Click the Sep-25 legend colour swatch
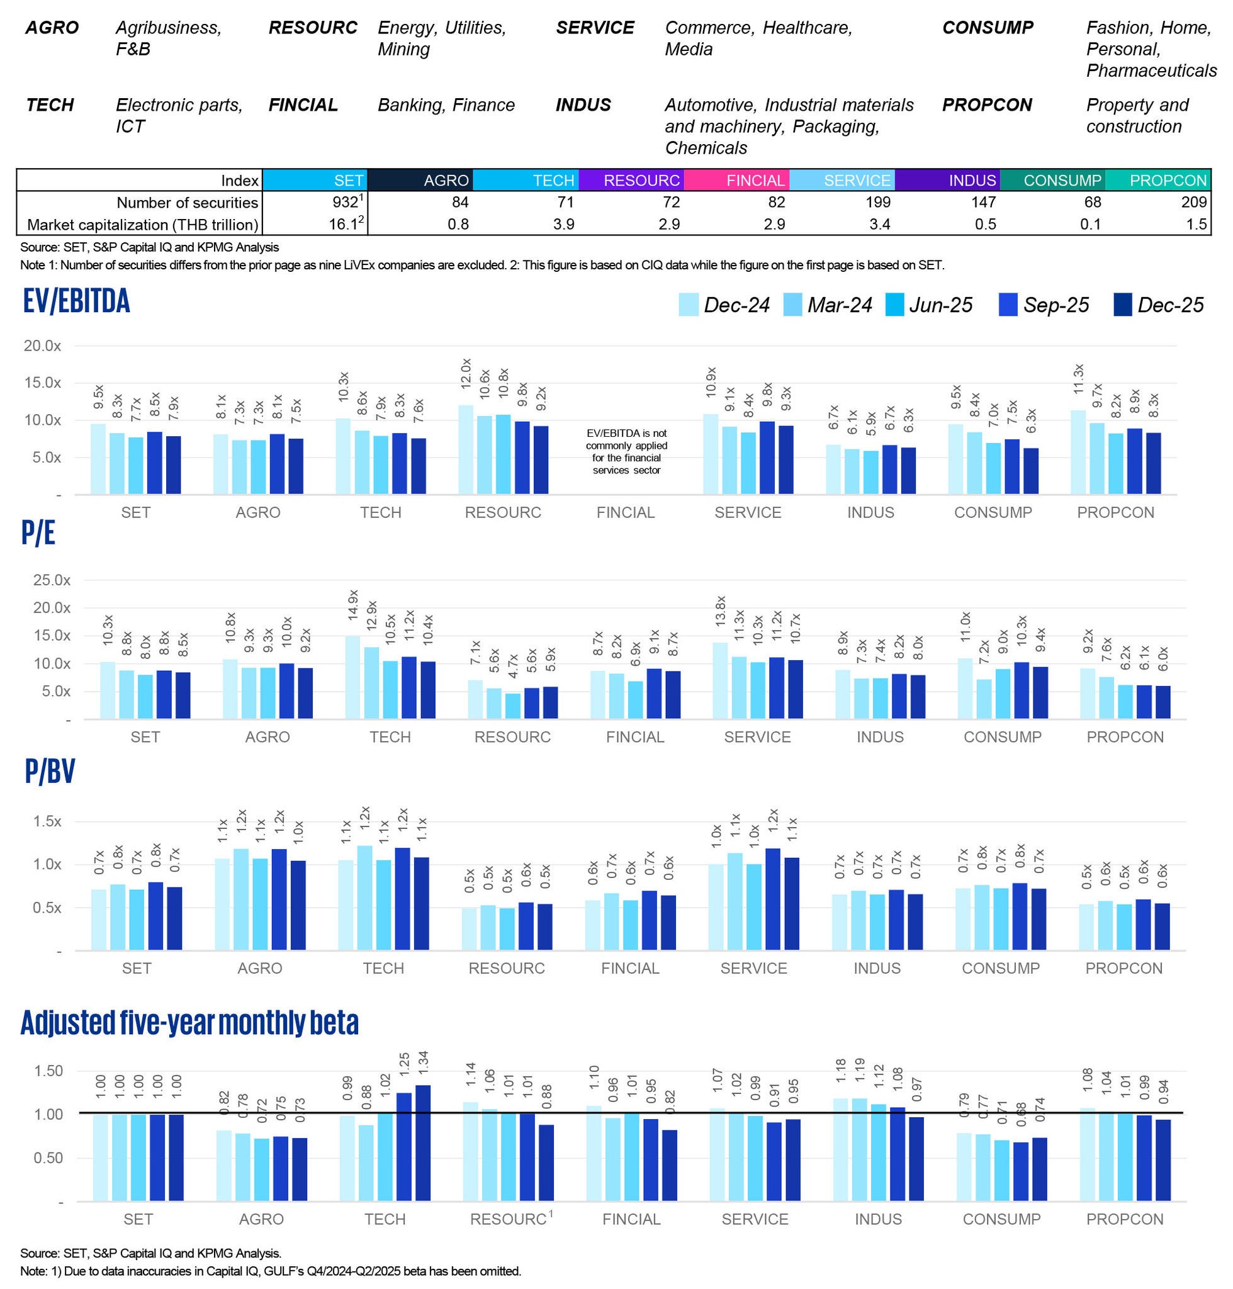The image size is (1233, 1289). pyautogui.click(x=1008, y=305)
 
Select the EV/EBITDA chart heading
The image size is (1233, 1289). pyautogui.click(x=76, y=301)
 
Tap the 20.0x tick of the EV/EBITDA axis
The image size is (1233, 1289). pyautogui.click(x=42, y=346)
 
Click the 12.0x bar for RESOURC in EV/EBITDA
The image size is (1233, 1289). pyautogui.click(x=465, y=449)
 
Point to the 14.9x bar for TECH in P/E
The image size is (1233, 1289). pyautogui.click(x=352, y=678)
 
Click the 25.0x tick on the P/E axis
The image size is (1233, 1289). pyautogui.click(x=51, y=580)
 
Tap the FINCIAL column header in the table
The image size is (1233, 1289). pyautogui.click(x=736, y=180)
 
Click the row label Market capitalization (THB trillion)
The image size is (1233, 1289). pyautogui.click(x=142, y=225)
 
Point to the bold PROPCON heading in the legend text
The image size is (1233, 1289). pyautogui.click(x=986, y=105)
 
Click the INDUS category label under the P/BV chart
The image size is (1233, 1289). pyautogui.click(x=877, y=968)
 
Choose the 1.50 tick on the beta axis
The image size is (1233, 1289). pyautogui.click(x=48, y=1071)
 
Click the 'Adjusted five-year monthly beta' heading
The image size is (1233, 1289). pyautogui.click(x=189, y=1023)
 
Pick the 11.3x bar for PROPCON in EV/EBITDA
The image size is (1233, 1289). pyautogui.click(x=1078, y=453)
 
